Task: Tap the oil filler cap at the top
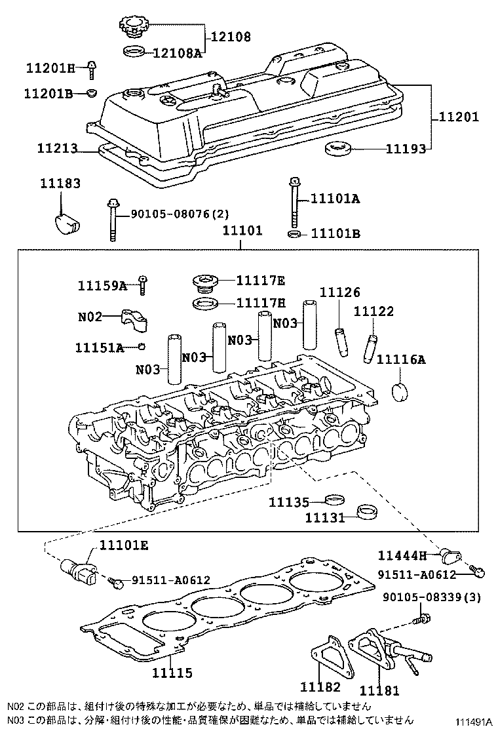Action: click(135, 28)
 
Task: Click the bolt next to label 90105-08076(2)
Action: click(113, 220)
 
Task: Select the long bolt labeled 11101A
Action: click(295, 199)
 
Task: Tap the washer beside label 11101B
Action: click(295, 233)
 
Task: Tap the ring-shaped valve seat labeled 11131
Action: click(366, 511)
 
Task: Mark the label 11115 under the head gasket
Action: click(172, 673)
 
